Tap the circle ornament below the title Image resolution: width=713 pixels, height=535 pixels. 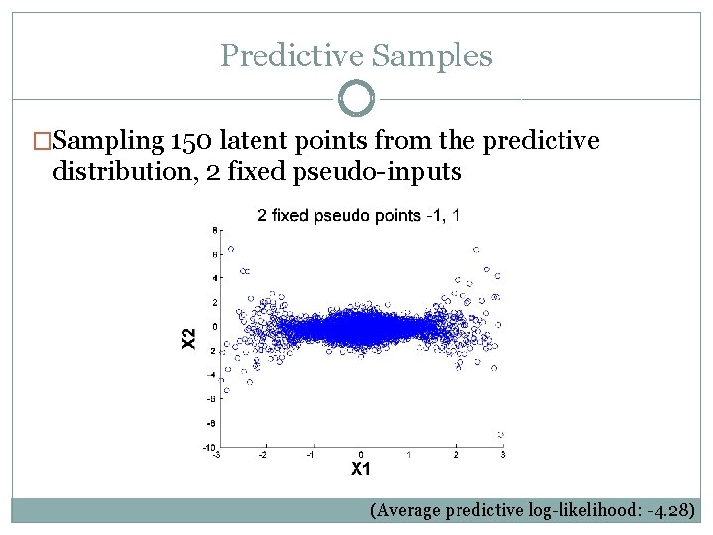coord(356,99)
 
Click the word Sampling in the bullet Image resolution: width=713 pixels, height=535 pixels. coord(98,142)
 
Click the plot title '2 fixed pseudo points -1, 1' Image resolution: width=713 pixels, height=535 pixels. coord(357,215)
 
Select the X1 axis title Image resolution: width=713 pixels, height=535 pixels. coord(361,469)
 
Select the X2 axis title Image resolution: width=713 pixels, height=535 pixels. coord(189,338)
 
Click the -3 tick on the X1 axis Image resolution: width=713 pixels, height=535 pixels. coord(217,455)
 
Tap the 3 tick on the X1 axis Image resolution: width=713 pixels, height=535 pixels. coord(503,455)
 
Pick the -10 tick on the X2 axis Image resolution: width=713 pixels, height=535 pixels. coord(210,447)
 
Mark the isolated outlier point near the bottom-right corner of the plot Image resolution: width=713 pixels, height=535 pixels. coord(501,435)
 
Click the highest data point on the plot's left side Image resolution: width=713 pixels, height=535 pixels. coord(231,249)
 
